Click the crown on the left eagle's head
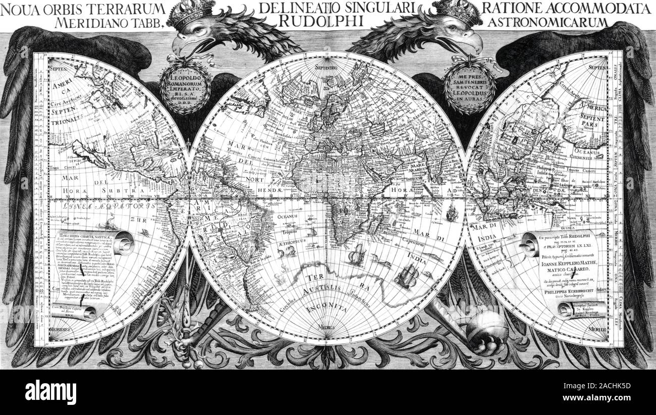190,12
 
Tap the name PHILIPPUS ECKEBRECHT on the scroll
559,291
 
